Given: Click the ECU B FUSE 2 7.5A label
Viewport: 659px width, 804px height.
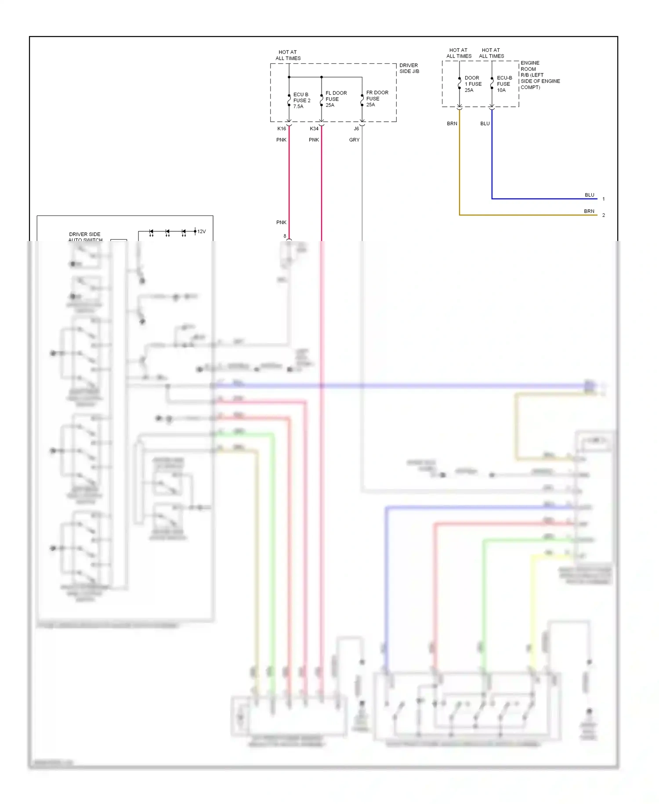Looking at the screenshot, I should click(301, 100).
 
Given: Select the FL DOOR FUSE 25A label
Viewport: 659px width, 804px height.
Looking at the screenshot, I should click(336, 99).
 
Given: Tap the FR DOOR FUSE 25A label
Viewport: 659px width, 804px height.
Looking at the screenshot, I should click(377, 99).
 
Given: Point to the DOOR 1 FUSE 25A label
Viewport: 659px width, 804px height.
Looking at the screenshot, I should click(473, 84).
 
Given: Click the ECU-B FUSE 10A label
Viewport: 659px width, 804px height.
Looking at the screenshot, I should click(504, 84).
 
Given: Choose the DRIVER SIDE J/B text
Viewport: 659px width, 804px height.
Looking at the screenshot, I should click(409, 68).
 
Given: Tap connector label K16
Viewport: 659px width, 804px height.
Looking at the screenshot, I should click(282, 129).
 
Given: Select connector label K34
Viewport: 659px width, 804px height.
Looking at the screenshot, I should click(314, 129).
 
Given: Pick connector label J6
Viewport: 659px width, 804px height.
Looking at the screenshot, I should click(356, 129).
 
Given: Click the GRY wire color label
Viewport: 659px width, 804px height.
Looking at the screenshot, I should click(354, 140).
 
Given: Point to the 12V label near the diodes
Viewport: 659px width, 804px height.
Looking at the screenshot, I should click(202, 231).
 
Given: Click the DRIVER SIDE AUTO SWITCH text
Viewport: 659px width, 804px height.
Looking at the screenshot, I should click(85, 237).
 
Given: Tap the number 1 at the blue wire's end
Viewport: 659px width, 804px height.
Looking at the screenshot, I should click(604, 199).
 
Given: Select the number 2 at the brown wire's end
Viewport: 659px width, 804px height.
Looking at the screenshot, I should click(604, 216).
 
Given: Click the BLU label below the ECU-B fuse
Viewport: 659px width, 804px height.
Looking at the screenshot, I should click(485, 124).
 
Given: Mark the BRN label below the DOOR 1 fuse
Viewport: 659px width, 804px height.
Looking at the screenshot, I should click(452, 124).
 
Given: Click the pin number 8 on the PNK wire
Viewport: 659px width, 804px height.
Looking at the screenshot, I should click(285, 236).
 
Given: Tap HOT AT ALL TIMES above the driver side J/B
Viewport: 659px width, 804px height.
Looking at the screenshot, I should click(288, 55).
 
